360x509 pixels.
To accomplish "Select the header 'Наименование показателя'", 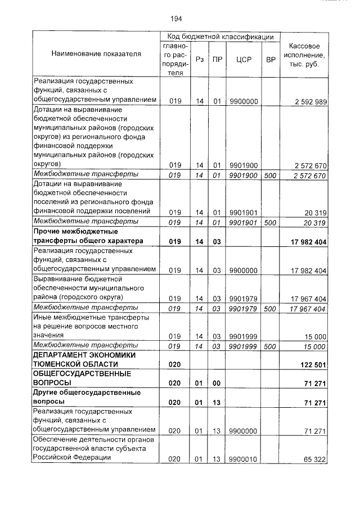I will [x=96, y=54].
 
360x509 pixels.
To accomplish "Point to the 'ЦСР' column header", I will [x=244, y=59].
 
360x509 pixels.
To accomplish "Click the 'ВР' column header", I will [x=271, y=59].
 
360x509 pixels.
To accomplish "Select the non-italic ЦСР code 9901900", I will [x=244, y=165].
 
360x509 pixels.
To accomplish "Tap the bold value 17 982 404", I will [x=305, y=241].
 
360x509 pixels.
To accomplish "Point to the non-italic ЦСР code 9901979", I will [x=244, y=298].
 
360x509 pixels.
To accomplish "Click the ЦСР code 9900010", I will [x=244, y=460].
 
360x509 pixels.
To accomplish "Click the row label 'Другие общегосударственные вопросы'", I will [x=86, y=397].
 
